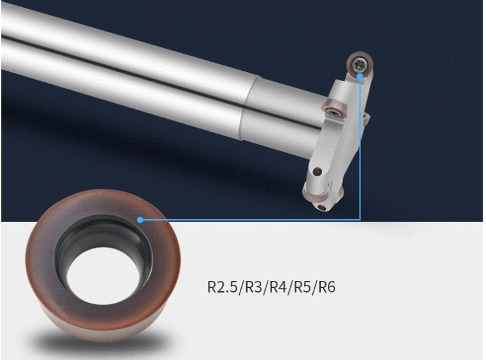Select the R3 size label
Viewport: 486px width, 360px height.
[x=253, y=287]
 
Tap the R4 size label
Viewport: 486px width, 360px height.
[x=278, y=287]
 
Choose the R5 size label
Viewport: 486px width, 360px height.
[x=302, y=287]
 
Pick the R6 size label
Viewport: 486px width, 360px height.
[x=327, y=287]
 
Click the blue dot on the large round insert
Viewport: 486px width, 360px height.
[x=140, y=220]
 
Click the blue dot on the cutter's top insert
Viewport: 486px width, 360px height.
[x=360, y=76]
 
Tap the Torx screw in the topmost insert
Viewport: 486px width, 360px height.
[x=358, y=64]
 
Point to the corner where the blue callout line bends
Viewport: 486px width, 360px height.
[x=360, y=219]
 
